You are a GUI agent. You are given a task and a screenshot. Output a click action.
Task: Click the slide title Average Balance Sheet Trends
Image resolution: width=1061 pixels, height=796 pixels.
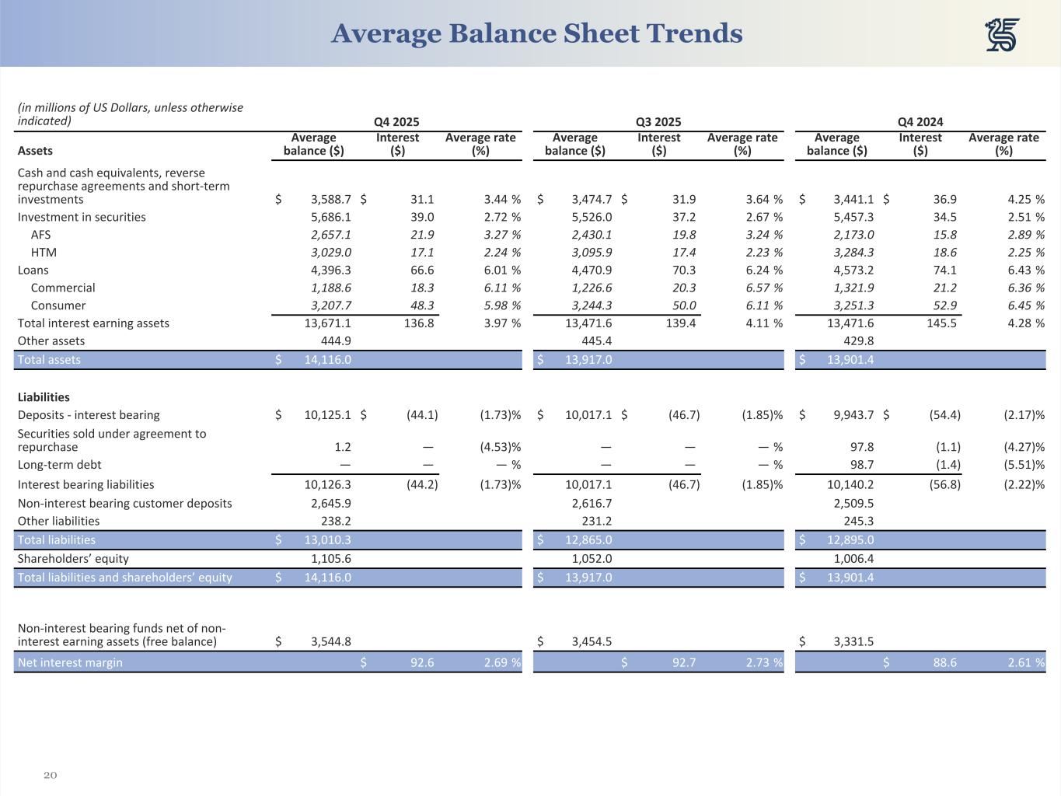click(536, 33)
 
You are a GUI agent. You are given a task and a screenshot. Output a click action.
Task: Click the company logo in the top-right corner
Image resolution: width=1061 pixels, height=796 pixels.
click(1002, 35)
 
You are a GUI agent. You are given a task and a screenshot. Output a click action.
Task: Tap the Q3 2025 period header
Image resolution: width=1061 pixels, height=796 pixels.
click(658, 122)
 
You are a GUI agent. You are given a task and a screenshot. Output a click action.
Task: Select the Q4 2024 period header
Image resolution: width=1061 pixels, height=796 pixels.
click(920, 122)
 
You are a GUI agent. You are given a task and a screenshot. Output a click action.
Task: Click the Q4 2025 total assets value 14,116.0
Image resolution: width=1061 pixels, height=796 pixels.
click(327, 360)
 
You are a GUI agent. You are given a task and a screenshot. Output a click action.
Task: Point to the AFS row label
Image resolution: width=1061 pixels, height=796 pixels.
click(40, 235)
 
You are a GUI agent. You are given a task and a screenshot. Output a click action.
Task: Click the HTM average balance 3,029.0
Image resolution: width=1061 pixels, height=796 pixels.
click(330, 253)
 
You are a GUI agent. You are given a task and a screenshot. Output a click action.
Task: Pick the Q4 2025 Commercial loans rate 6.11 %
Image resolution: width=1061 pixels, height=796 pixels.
click(502, 288)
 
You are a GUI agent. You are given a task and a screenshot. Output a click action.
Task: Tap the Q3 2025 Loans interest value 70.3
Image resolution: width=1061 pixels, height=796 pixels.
click(683, 271)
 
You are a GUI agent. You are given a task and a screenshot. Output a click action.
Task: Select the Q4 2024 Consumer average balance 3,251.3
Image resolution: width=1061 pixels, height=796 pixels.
click(853, 305)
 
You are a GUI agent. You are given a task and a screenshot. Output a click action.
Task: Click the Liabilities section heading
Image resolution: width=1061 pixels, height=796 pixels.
click(44, 397)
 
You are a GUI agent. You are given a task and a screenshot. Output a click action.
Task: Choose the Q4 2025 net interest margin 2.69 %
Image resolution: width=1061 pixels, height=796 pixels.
click(502, 663)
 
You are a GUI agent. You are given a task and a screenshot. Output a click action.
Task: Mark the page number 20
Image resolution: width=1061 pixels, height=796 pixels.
click(51, 775)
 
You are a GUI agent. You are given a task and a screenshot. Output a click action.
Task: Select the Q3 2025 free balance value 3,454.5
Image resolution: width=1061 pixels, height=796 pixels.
click(592, 642)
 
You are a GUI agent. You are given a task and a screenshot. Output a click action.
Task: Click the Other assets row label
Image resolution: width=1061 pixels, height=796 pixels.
click(51, 341)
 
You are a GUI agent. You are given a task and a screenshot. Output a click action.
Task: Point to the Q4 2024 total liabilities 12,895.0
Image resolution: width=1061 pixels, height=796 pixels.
click(850, 540)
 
